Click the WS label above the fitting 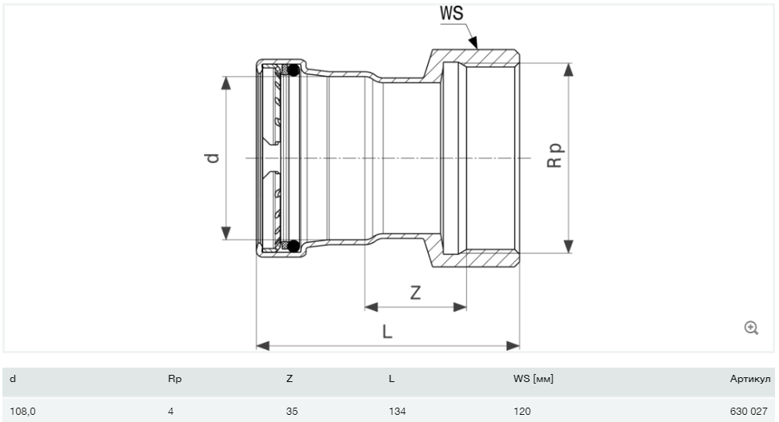(x=451, y=14)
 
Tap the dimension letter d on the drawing (x=212, y=158)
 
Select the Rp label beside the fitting (x=554, y=155)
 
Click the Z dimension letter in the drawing (x=415, y=293)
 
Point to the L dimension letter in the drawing (x=387, y=331)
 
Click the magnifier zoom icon (x=751, y=328)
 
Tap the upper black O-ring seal (x=294, y=70)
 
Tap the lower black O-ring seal (x=294, y=245)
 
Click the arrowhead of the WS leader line (x=473, y=42)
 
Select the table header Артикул (x=750, y=379)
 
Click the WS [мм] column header (x=533, y=379)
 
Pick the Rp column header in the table (x=174, y=380)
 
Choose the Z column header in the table (x=290, y=379)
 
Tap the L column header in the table (x=391, y=379)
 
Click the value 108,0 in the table (x=22, y=412)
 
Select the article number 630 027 (x=749, y=411)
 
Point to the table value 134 (x=397, y=411)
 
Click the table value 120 (x=522, y=411)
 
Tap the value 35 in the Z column (x=292, y=411)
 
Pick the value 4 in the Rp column (x=170, y=411)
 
